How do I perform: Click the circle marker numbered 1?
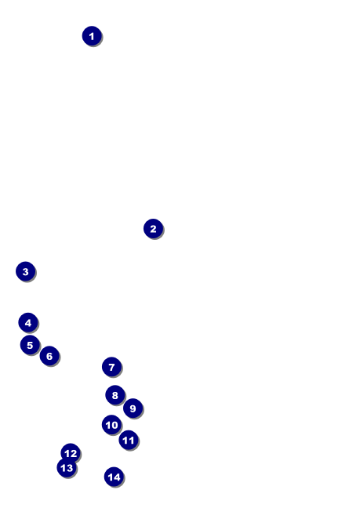92,36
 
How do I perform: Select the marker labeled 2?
153,229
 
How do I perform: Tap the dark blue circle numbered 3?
26,271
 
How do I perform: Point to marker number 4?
28,323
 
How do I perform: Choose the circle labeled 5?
30,345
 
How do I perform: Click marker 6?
49,356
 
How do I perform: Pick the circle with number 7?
112,367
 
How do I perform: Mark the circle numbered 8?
115,395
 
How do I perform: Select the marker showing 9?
133,408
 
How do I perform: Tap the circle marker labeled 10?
111,425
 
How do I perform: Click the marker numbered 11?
129,440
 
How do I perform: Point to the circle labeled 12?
71,453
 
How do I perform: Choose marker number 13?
67,467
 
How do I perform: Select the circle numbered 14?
114,477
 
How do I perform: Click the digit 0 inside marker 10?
115,425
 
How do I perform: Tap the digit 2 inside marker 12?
74,453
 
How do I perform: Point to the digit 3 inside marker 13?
70,468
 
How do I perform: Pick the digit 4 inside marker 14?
117,477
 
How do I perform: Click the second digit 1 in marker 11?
131,440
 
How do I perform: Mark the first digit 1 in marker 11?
125,440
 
